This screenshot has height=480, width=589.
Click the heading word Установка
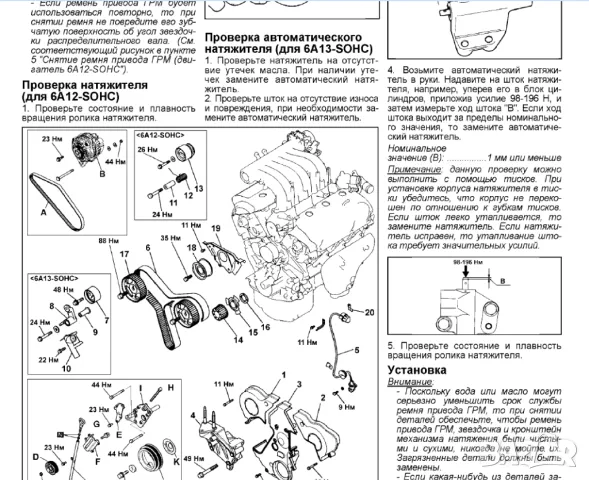click(x=416, y=369)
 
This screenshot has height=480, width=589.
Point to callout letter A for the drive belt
click(x=43, y=213)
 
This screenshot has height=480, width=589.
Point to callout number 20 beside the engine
click(x=370, y=313)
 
